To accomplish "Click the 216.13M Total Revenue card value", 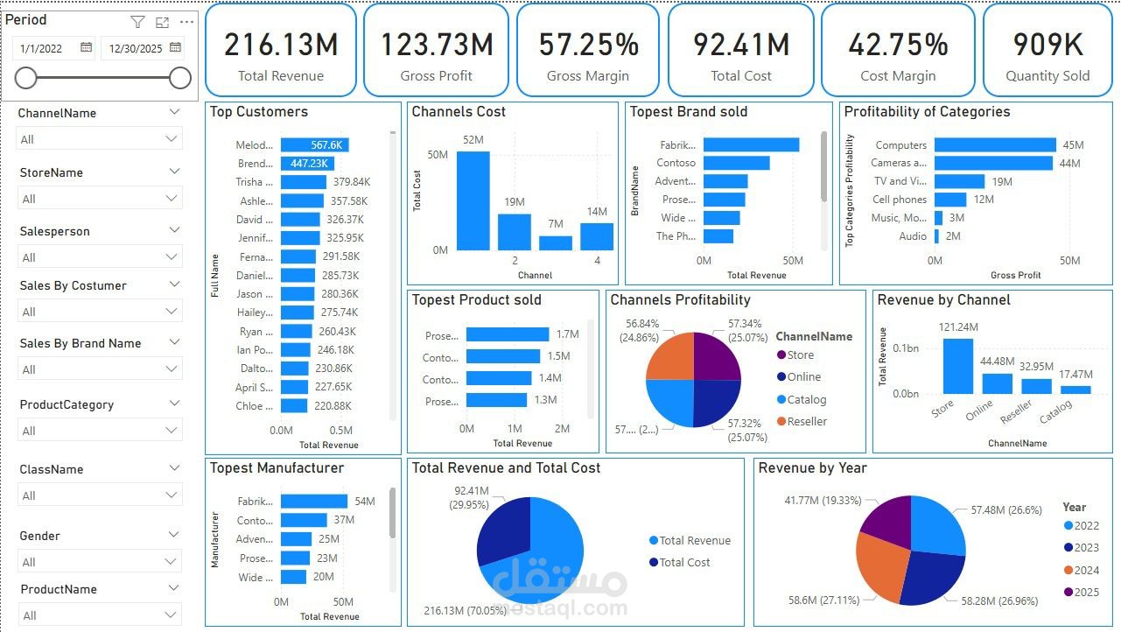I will point(281,45).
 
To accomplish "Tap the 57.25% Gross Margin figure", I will point(588,45).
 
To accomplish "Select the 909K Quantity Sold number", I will point(1047,45).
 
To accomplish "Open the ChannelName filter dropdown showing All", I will point(100,139).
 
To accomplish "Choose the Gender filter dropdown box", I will point(100,562).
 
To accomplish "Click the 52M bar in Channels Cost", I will point(473,200).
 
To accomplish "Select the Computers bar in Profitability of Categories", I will point(995,145).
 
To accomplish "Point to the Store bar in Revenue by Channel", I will point(957,366).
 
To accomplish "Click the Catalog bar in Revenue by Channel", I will point(1076,390).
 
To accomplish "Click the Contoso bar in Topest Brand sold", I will point(736,163).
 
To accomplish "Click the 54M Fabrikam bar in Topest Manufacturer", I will point(314,502).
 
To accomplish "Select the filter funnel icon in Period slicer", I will point(137,22).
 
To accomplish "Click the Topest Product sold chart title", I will point(476,300).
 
